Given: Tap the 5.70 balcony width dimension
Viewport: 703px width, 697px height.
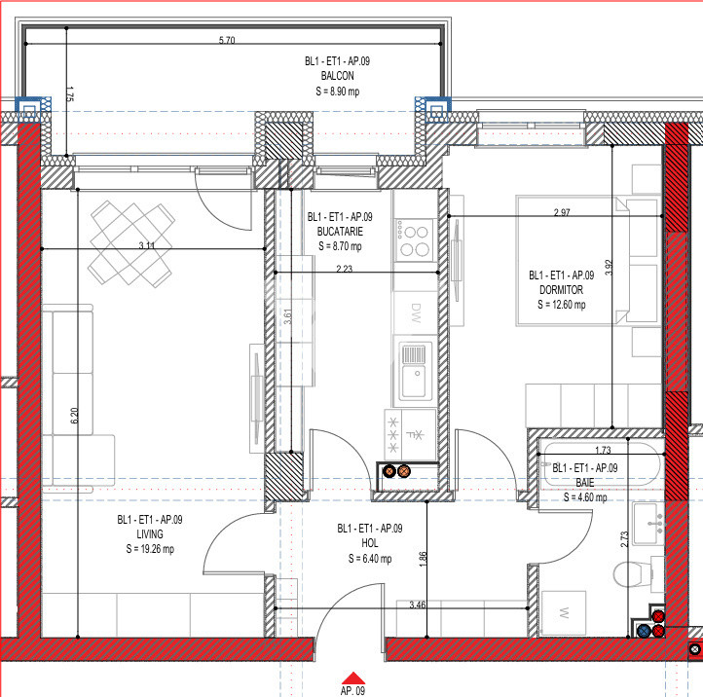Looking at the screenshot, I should (x=227, y=40).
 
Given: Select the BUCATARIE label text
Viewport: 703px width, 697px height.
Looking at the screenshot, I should (x=340, y=232).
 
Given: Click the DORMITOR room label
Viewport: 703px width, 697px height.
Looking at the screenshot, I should (x=561, y=290).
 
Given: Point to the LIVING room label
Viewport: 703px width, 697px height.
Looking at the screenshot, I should (x=150, y=534).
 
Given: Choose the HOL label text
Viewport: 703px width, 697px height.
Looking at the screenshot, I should (x=369, y=543).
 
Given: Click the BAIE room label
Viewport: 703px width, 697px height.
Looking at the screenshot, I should (x=584, y=483).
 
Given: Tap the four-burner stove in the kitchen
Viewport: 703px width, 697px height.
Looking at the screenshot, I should (x=415, y=239).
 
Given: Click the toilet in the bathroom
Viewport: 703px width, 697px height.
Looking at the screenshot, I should (x=632, y=573).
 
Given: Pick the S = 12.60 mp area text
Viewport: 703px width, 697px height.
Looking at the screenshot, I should (x=561, y=305).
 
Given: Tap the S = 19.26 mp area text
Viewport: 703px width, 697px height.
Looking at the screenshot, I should (x=150, y=549).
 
